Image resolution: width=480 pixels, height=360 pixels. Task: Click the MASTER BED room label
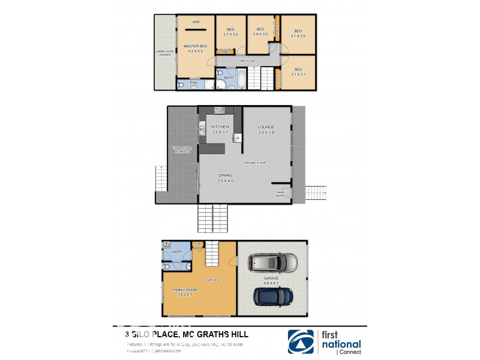[195, 46]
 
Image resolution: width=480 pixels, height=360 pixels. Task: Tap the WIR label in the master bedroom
[196, 22]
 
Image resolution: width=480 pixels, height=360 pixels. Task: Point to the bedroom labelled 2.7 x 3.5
[231, 32]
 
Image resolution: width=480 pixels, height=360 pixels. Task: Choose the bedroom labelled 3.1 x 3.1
[298, 72]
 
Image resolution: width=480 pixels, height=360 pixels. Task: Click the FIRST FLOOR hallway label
[247, 61]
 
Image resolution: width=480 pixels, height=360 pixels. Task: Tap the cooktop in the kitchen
[220, 110]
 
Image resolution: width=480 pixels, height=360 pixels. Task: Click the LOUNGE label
[266, 127]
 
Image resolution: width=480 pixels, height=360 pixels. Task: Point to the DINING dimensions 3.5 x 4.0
[225, 181]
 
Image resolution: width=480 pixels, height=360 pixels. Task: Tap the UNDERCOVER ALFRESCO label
[181, 150]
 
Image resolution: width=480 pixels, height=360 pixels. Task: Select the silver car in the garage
[272, 262]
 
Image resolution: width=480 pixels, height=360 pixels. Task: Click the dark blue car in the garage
[273, 296]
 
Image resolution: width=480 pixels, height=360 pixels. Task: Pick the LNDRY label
[176, 251]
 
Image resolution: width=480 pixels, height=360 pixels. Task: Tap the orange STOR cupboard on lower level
[197, 244]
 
